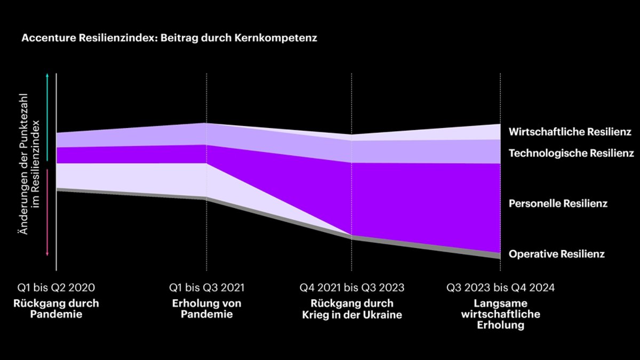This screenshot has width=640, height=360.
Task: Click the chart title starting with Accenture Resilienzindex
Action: [169, 39]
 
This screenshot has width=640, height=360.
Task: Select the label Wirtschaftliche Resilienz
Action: [570, 132]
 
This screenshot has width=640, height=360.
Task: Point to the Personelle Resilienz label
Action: [558, 204]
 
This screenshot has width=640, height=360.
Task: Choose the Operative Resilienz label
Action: [557, 254]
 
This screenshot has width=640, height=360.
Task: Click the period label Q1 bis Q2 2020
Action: [56, 288]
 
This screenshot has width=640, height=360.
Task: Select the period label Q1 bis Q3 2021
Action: [207, 288]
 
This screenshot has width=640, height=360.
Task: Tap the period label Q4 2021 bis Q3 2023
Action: [352, 288]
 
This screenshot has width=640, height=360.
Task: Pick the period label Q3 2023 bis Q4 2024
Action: [500, 288]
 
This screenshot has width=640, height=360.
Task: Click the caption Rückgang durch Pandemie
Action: [56, 309]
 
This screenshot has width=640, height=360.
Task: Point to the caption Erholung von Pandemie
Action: [207, 309]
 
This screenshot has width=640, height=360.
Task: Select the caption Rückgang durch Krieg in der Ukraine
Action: [352, 309]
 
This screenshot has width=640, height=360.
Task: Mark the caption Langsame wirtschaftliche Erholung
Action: [500, 314]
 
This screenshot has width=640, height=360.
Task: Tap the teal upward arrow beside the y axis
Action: [47, 117]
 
